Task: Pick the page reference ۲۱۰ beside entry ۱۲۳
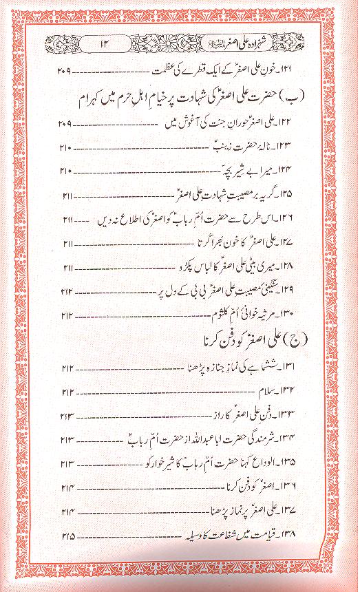[66, 149]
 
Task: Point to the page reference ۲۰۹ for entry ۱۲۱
[65, 71]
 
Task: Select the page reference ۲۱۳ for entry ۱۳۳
[67, 416]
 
